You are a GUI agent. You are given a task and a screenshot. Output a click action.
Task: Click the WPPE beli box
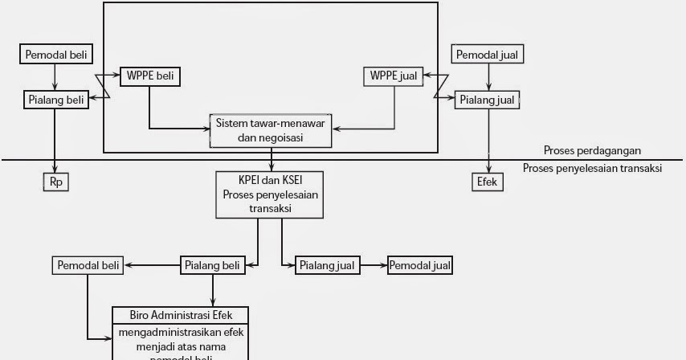(149, 77)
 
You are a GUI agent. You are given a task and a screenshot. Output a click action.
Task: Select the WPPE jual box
(394, 77)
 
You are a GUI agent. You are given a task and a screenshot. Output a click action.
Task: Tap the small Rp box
(55, 182)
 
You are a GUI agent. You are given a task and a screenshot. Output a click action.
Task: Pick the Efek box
(487, 182)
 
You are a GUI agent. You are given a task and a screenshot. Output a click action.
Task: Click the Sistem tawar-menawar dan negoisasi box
(272, 130)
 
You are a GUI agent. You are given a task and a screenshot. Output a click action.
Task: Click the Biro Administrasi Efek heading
(179, 314)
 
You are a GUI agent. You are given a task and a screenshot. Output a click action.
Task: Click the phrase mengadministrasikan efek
(179, 332)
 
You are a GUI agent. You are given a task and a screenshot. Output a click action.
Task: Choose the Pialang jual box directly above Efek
(488, 100)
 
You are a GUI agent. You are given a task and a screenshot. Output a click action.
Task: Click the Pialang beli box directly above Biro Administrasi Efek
(212, 264)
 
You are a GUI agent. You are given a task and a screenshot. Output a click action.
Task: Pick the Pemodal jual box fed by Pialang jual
(419, 264)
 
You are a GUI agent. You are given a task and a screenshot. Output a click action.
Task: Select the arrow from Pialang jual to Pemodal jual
(373, 264)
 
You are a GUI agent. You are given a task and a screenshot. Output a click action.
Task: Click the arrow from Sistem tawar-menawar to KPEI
(272, 158)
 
